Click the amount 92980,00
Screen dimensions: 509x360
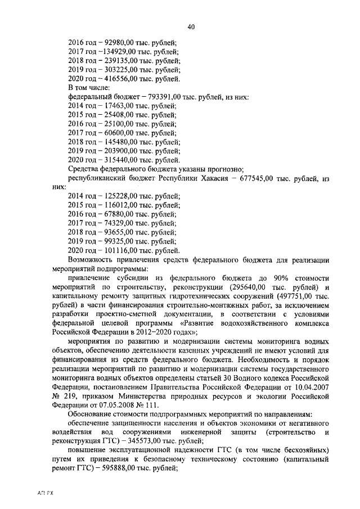122,42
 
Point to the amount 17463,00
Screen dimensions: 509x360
120,106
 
